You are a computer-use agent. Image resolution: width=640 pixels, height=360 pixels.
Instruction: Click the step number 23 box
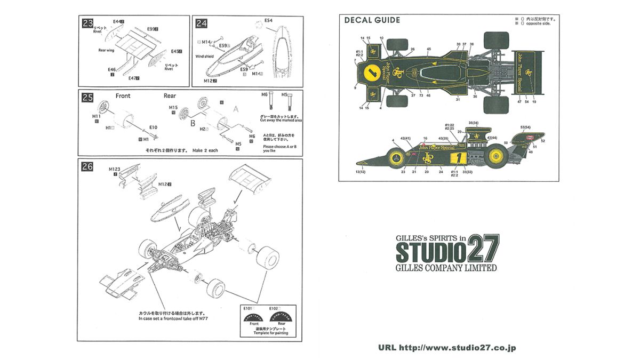[x=86, y=23]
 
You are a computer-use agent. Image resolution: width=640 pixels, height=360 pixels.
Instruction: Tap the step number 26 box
[x=87, y=166]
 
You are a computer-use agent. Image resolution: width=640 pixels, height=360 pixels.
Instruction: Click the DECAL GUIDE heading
[x=372, y=21]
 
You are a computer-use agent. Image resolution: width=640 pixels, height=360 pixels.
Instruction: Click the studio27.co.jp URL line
[x=447, y=348]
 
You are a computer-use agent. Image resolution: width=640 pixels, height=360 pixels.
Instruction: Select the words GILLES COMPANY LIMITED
[x=446, y=268]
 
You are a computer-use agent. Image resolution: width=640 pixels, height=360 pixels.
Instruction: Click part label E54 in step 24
[x=268, y=20]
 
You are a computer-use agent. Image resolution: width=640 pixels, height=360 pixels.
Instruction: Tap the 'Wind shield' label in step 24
[x=204, y=56]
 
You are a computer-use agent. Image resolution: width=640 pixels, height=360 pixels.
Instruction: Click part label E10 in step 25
[x=153, y=127]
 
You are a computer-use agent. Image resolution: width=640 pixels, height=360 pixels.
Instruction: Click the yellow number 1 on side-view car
[x=455, y=158]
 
